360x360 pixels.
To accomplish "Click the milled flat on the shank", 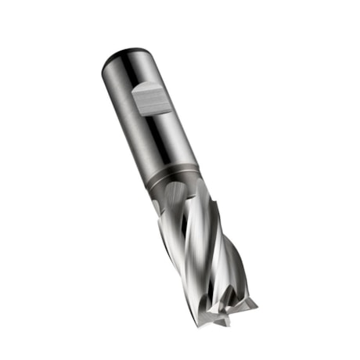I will [x=151, y=100].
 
